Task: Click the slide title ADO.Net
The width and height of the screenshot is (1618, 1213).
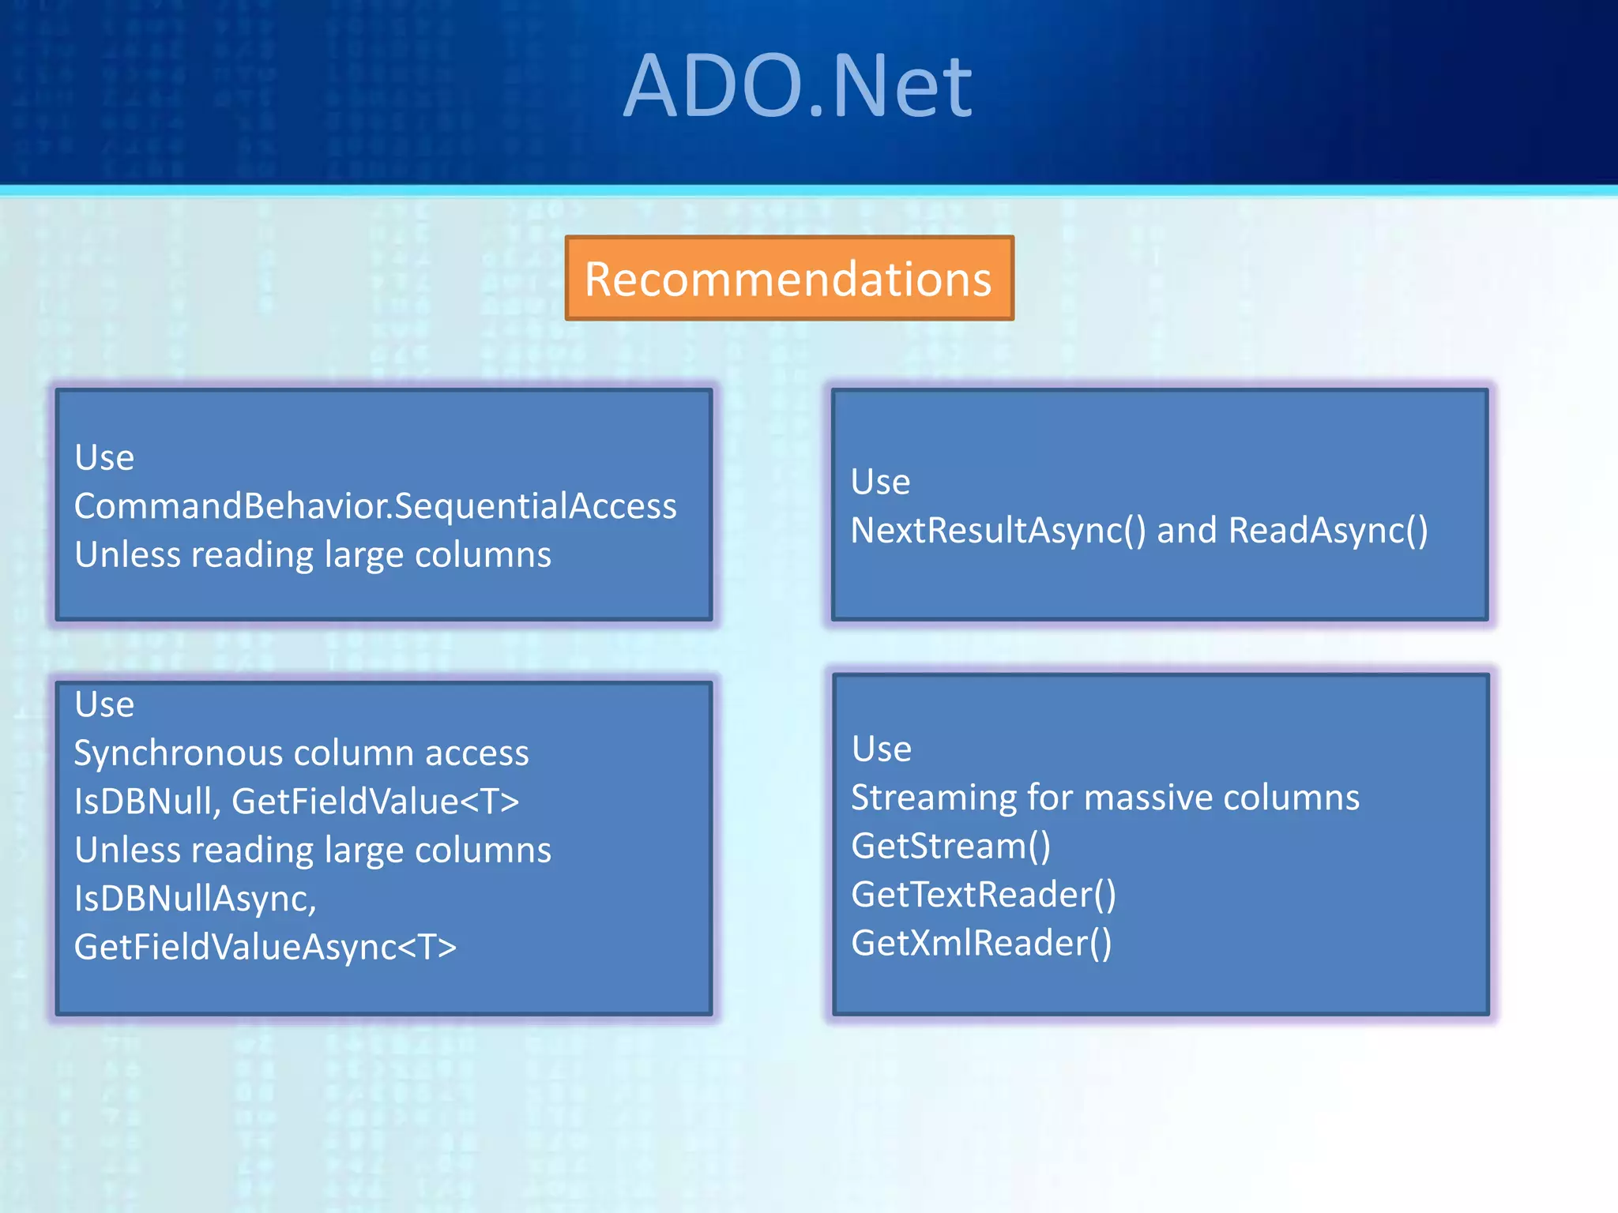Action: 797,85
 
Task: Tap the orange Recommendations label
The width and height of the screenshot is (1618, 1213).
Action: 788,279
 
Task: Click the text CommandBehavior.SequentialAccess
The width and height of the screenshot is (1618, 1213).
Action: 375,506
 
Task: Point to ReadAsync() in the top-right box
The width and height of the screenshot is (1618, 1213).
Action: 1328,531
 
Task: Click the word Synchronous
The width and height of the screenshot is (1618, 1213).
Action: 177,753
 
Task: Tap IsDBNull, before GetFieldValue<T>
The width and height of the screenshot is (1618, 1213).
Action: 147,802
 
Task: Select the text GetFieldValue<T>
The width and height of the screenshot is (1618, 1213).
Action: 375,802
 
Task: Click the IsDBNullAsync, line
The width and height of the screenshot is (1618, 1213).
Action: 195,899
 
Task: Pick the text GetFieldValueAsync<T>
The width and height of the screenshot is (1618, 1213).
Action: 265,947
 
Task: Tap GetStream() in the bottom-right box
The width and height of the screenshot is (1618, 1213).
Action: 951,847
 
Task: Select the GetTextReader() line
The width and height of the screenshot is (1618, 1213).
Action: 984,895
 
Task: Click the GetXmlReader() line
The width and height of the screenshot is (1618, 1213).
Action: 981,943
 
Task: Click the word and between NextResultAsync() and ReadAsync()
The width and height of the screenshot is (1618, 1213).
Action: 1187,531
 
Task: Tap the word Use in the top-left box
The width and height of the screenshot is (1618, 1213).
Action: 104,458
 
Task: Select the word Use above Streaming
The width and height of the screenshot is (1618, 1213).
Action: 882,749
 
